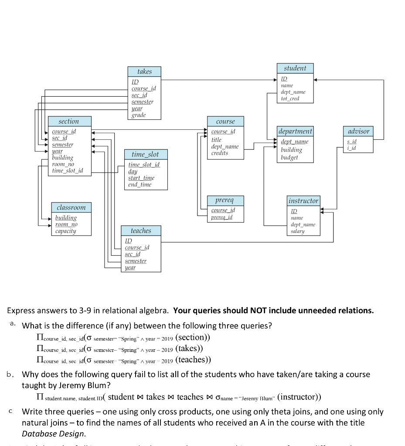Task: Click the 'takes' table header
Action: [x=144, y=71]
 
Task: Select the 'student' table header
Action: [x=295, y=68]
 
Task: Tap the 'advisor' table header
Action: [x=358, y=131]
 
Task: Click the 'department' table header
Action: [x=295, y=131]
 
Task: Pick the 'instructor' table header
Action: [x=303, y=201]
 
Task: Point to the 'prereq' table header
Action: [x=225, y=200]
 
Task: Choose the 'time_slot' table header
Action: [x=145, y=155]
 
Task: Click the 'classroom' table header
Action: [x=71, y=207]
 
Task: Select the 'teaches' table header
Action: [x=141, y=231]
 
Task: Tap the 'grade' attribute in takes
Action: [x=139, y=115]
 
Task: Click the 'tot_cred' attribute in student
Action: [x=291, y=98]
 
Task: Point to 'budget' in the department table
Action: [x=289, y=157]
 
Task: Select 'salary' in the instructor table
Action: [x=298, y=231]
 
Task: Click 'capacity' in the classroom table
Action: [x=66, y=231]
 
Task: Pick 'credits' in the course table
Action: [x=220, y=153]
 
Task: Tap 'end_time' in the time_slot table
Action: [x=140, y=185]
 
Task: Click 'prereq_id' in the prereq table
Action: [x=222, y=217]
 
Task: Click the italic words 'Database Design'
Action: [x=54, y=434]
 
